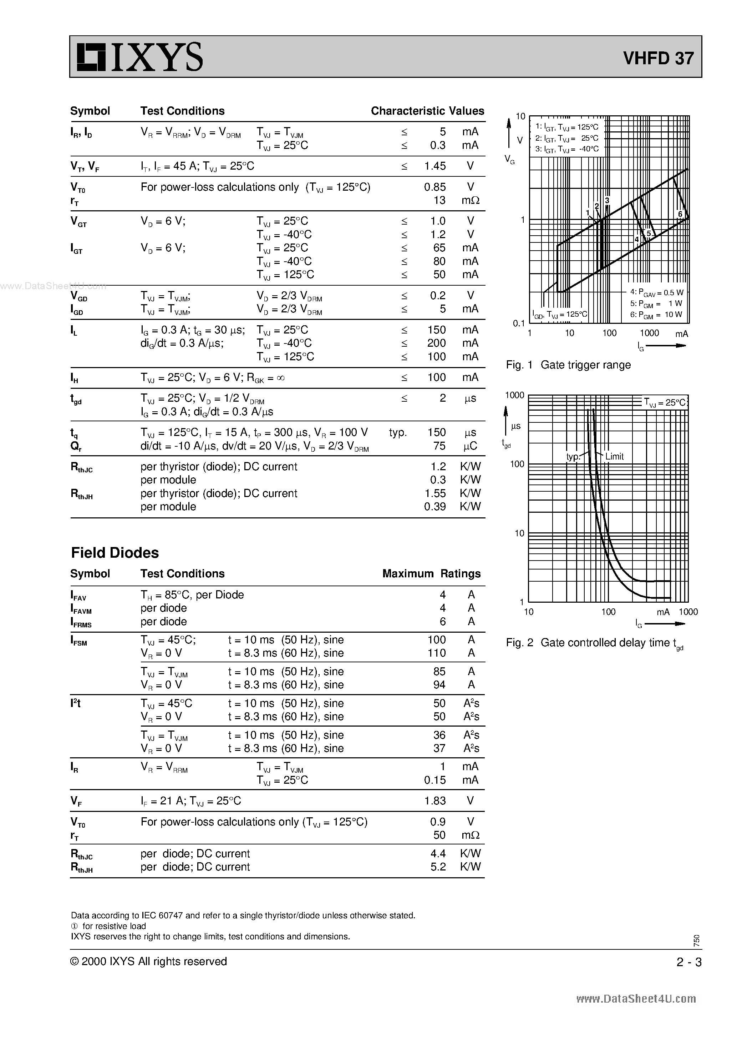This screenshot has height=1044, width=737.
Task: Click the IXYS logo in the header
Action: [x=139, y=57]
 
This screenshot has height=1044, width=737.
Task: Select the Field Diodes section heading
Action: [x=115, y=552]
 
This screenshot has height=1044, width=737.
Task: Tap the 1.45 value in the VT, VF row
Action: [x=435, y=166]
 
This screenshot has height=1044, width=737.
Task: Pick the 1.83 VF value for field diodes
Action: [x=435, y=801]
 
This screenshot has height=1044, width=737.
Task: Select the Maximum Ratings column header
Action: [x=431, y=573]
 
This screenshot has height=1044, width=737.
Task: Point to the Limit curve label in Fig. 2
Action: [x=614, y=457]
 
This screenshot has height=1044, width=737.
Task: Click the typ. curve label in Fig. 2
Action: [x=573, y=457]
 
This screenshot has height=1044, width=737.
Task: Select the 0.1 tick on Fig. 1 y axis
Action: [x=519, y=323]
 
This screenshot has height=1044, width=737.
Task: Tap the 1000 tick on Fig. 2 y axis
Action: [x=515, y=395]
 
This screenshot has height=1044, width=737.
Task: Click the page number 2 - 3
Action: [x=689, y=962]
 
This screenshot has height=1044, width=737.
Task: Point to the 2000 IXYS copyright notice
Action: [x=149, y=961]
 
